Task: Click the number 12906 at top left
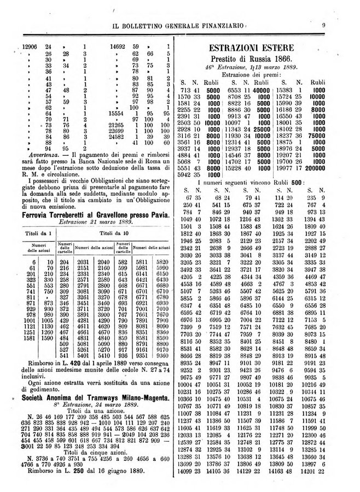[23, 48]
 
